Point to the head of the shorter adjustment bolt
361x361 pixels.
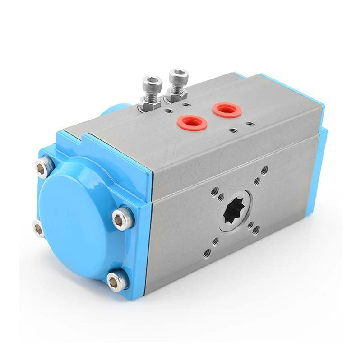[152, 83]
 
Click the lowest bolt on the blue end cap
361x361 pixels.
[116, 281]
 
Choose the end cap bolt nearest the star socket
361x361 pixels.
[122, 219]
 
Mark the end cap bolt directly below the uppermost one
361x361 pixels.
[39, 228]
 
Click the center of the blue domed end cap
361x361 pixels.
[77, 221]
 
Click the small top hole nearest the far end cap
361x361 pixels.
[250, 123]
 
